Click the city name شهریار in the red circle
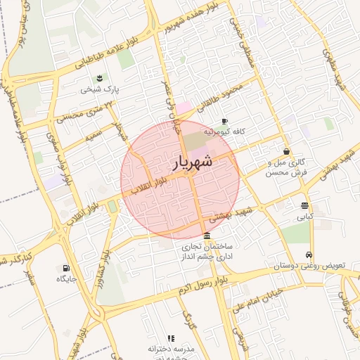click(x=191, y=163)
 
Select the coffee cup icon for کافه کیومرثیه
click(x=224, y=120)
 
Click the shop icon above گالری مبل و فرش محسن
click(x=286, y=151)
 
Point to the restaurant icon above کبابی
click(x=304, y=205)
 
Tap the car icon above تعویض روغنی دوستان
click(x=309, y=255)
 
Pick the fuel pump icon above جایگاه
click(x=66, y=268)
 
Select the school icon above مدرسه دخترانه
click(x=171, y=338)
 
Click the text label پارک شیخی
click(x=100, y=89)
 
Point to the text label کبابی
click(x=304, y=217)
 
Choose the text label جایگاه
click(x=66, y=279)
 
